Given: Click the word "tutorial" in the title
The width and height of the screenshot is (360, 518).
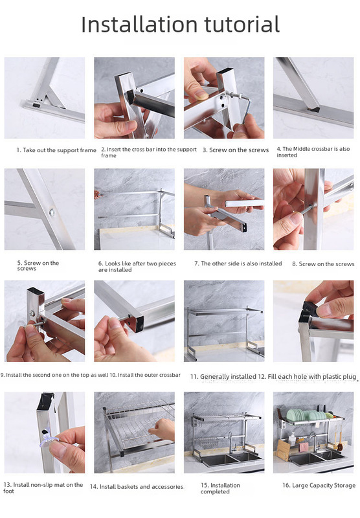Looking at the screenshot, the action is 242,25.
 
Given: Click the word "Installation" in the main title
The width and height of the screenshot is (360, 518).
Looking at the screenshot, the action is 139,25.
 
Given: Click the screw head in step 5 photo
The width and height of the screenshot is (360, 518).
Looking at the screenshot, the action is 52,212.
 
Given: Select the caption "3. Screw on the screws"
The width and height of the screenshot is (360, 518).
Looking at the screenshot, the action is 236,150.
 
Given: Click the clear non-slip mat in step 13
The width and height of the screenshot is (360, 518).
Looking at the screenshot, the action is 48,439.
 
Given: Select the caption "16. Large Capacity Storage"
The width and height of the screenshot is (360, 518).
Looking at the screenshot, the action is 319,485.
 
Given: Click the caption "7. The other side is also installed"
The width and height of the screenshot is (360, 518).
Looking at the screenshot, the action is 238,264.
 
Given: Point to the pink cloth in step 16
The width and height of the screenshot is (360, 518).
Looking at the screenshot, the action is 304,447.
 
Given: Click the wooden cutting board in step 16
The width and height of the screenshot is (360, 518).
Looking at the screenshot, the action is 283,450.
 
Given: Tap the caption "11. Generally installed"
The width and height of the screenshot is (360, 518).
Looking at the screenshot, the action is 223,377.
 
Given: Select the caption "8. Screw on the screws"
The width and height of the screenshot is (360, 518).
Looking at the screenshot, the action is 323,264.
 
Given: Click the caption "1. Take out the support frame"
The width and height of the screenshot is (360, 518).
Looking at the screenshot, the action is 56,150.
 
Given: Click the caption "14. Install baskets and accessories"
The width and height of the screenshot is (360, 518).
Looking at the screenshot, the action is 137,487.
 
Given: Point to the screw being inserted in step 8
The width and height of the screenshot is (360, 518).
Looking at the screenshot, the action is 306,209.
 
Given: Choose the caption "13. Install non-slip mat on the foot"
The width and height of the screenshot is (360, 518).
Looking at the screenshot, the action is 43,488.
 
